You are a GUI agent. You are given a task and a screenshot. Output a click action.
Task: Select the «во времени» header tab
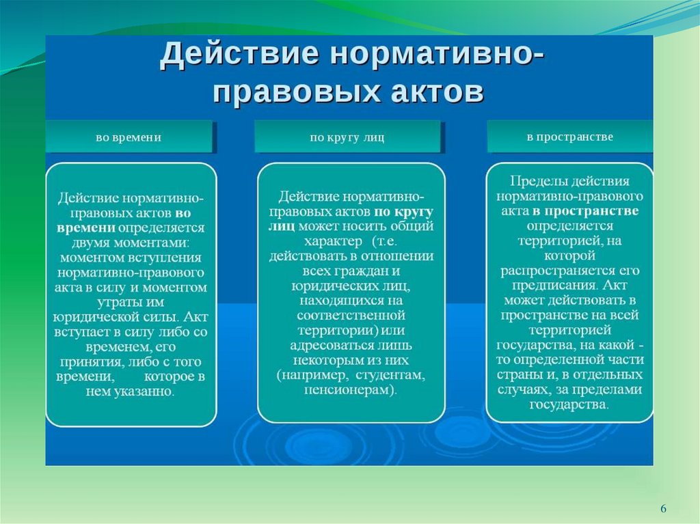(x=129, y=137)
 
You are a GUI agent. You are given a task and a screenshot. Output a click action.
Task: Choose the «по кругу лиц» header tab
(x=347, y=137)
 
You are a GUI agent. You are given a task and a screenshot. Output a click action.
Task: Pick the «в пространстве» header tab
(x=569, y=137)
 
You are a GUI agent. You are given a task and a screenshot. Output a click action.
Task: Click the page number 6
(x=663, y=508)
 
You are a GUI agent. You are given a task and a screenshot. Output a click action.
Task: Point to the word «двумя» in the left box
(x=91, y=243)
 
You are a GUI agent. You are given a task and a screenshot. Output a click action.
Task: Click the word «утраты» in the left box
(x=115, y=303)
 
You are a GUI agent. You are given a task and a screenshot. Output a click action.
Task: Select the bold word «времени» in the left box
(x=86, y=227)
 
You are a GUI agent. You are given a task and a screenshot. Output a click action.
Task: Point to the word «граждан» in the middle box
(x=364, y=271)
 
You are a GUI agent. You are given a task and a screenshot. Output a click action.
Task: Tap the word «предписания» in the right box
(x=555, y=286)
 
